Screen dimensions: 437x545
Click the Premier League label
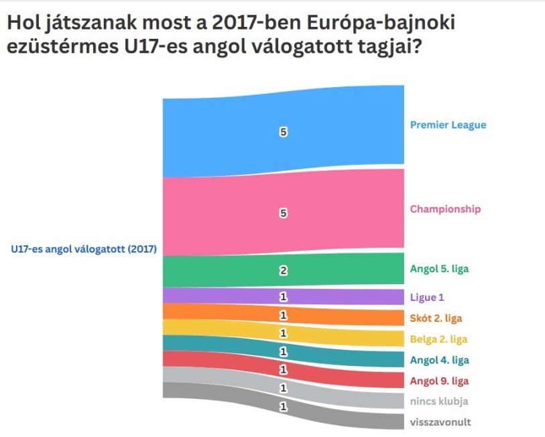click(448, 125)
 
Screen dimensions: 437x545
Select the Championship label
click(445, 209)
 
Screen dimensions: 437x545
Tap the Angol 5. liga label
click(439, 269)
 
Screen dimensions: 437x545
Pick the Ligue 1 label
click(427, 296)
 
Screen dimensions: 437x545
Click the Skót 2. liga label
click(436, 318)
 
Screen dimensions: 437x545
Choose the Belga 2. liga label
click(438, 338)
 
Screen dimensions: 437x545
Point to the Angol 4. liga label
click(439, 360)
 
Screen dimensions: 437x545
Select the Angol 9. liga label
click(439, 381)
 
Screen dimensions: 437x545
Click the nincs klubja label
click(438, 401)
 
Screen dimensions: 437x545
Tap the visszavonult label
click(440, 422)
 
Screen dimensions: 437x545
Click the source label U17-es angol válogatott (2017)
click(84, 249)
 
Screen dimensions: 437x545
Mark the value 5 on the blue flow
click(283, 133)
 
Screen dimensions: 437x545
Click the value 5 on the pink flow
click(283, 213)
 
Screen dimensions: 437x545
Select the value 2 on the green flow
click(283, 271)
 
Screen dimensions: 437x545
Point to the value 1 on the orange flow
click(283, 315)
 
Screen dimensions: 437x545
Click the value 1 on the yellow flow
click(283, 333)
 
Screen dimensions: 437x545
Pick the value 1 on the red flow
click(283, 369)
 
